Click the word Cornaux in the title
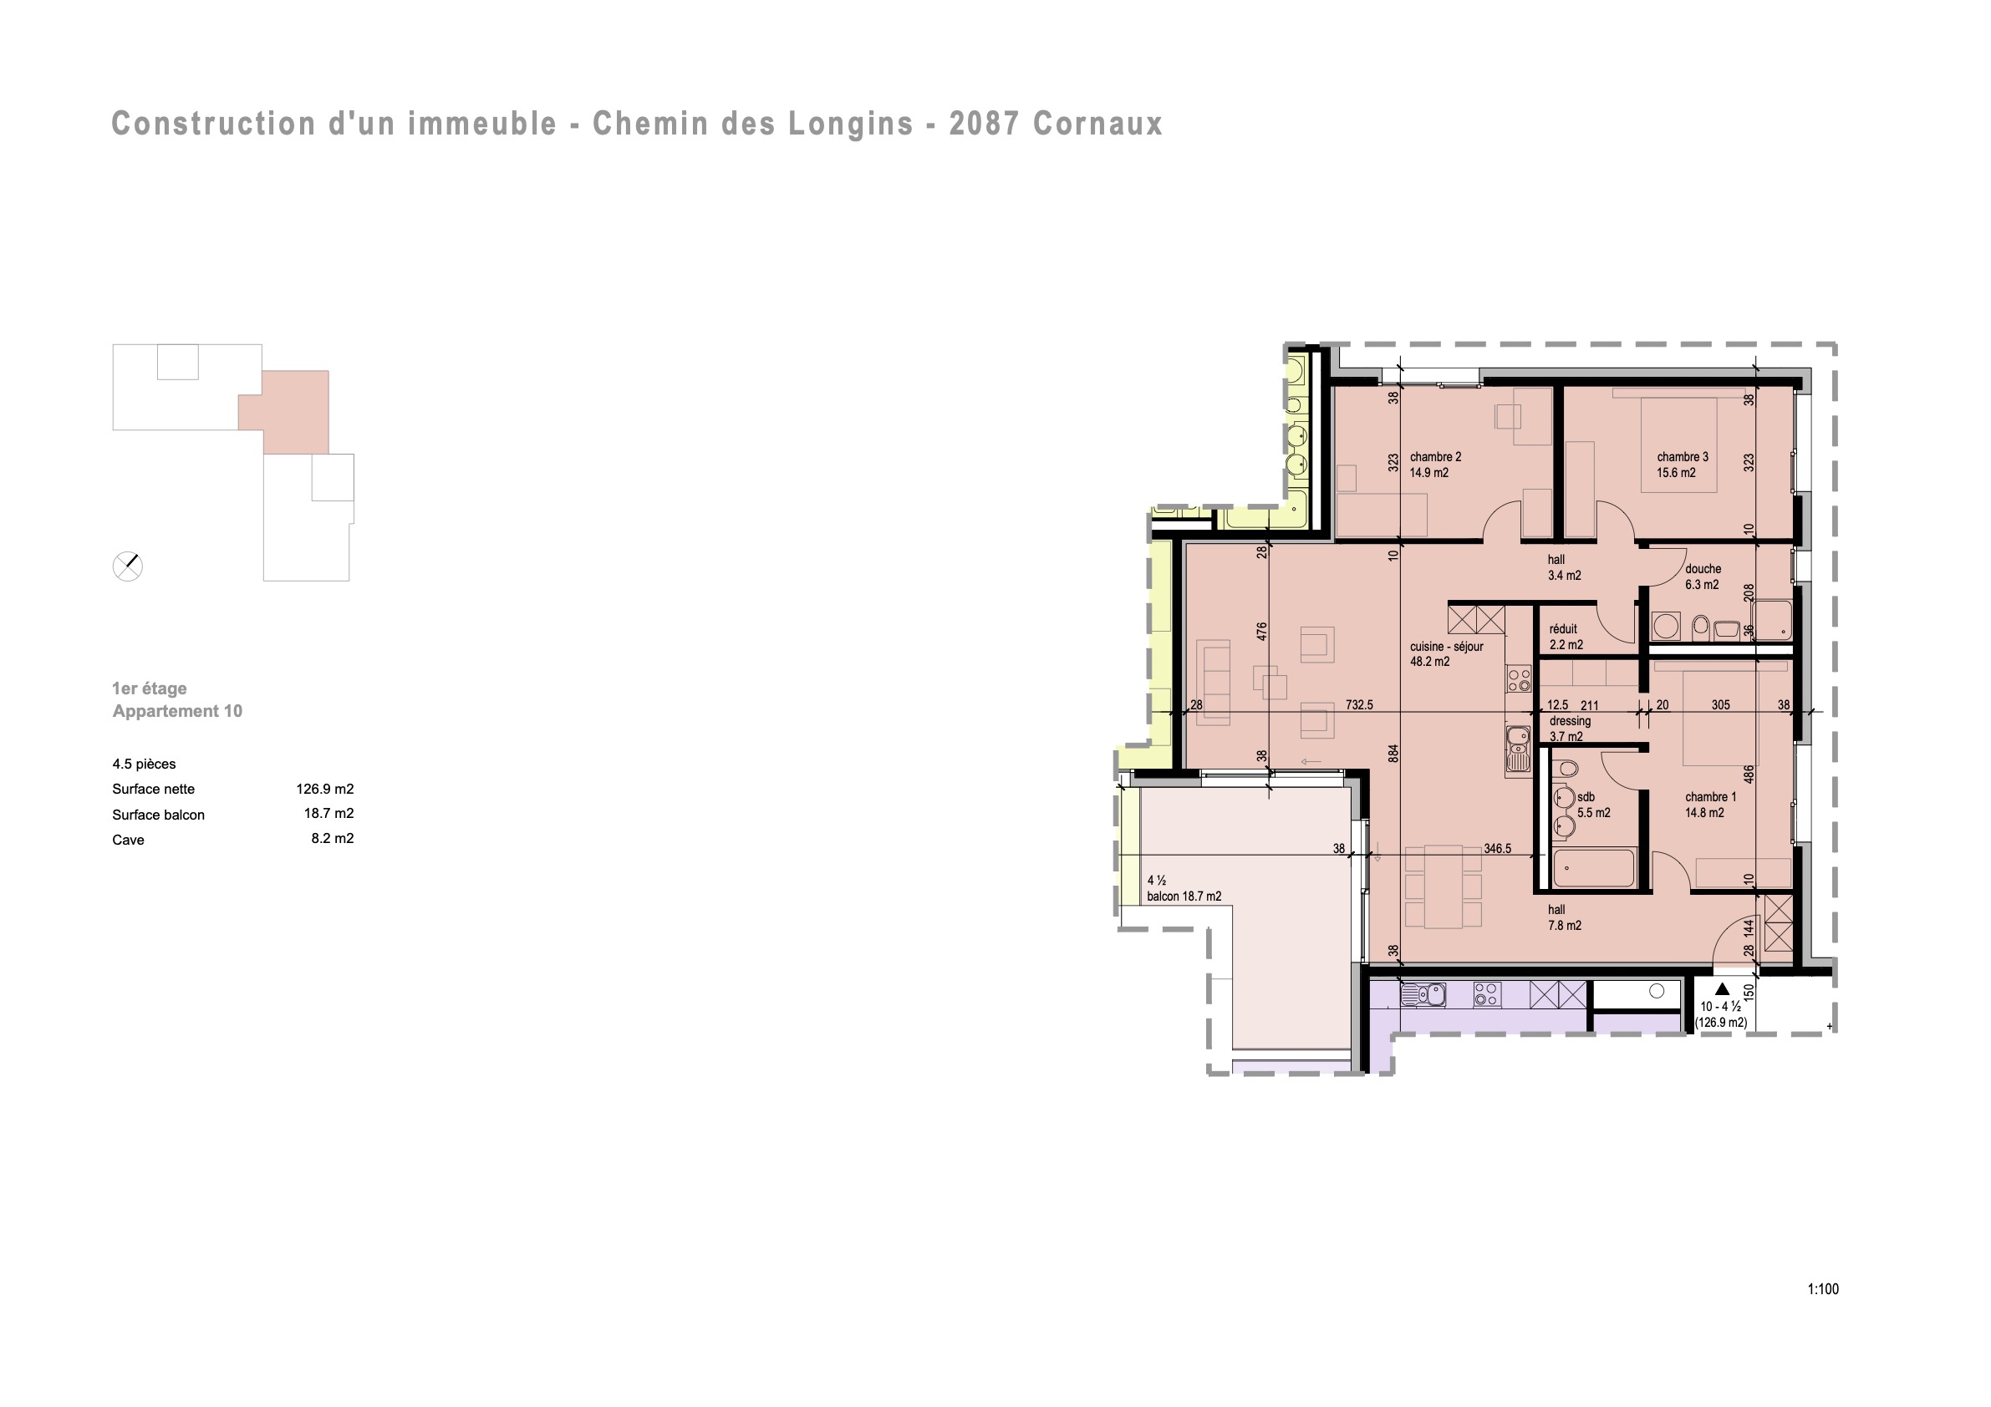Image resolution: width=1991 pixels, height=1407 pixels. pyautogui.click(x=1097, y=124)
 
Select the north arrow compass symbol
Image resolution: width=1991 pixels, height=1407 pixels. pyautogui.click(x=128, y=566)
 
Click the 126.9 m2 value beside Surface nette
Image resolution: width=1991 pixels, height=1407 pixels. pyautogui.click(x=325, y=789)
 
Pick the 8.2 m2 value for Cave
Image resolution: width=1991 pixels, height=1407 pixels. pyautogui.click(x=333, y=838)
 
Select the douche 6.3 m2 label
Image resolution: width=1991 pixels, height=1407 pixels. pyautogui.click(x=1703, y=577)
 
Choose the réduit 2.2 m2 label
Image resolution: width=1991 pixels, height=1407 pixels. pyautogui.click(x=1566, y=637)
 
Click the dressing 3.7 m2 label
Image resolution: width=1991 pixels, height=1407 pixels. pyautogui.click(x=1570, y=729)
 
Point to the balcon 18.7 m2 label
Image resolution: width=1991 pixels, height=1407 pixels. pyautogui.click(x=1184, y=897)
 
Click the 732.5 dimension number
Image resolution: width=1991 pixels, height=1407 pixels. pyautogui.click(x=1359, y=705)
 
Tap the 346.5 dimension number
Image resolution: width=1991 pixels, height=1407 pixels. pyautogui.click(x=1497, y=849)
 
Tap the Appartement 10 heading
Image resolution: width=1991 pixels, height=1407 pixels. pyautogui.click(x=178, y=711)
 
